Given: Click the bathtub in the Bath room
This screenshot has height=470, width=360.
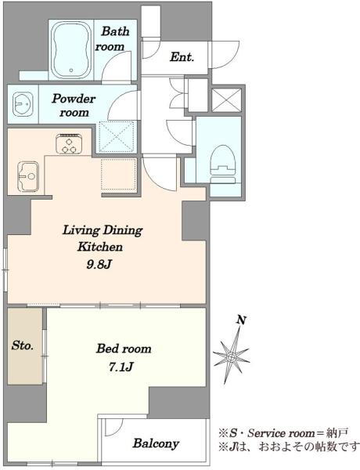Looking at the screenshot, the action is (71, 50).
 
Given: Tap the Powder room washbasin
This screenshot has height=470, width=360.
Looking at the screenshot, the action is (23, 103).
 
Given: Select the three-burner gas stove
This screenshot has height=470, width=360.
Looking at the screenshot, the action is (69, 143).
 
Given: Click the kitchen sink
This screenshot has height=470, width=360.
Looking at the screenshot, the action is (28, 176).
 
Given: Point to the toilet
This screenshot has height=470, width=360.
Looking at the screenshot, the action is (222, 164).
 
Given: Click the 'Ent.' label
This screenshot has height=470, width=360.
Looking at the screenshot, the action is (182, 56).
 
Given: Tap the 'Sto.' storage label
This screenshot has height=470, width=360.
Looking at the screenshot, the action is (23, 345).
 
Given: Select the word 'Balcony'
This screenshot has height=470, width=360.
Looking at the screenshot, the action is (156, 443).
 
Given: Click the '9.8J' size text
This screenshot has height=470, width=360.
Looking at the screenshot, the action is (99, 265).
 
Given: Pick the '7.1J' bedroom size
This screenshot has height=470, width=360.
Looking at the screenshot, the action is (121, 367).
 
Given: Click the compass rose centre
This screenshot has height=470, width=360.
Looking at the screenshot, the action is (231, 356).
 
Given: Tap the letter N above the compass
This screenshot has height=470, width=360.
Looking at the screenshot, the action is (241, 320).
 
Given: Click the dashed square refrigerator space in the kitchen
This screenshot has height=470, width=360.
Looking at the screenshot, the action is (118, 174).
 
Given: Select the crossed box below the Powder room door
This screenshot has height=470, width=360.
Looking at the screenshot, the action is (116, 136).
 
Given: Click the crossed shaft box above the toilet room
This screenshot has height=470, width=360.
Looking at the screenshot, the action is (226, 99).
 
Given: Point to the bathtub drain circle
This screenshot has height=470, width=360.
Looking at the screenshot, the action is (71, 70).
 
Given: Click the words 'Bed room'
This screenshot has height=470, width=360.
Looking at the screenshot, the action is (124, 349).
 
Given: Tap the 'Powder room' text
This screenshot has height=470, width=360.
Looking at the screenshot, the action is (74, 106).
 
